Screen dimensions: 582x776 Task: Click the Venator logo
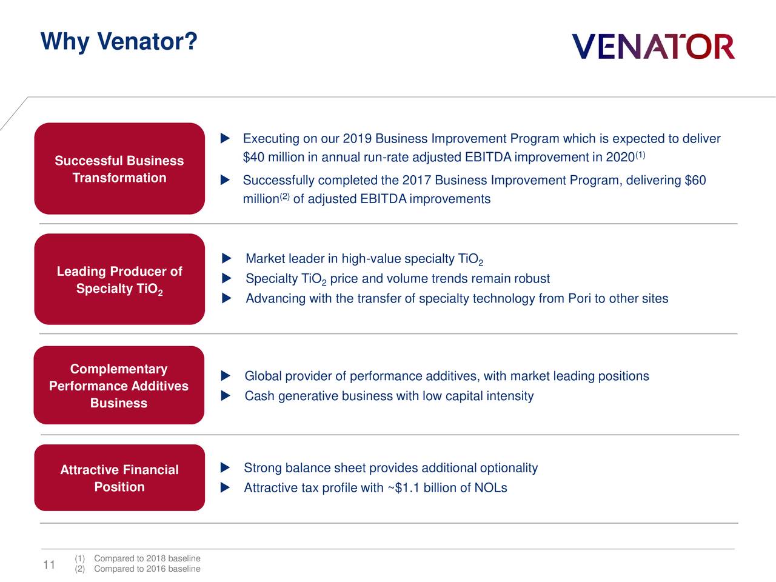[653, 47]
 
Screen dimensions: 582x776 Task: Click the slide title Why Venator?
[119, 42]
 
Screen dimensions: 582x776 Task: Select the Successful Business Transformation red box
[119, 169]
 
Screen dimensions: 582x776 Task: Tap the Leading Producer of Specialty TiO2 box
[119, 279]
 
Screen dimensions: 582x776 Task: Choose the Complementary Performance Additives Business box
[119, 386]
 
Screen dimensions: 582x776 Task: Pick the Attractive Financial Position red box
[119, 478]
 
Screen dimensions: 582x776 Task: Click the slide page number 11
[49, 565]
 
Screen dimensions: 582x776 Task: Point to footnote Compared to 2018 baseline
[147, 558]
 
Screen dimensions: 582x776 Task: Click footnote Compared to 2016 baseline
[147, 569]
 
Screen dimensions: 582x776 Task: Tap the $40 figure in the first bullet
[253, 158]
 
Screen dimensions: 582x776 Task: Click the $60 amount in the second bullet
[695, 181]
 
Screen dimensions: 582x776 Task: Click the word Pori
[579, 298]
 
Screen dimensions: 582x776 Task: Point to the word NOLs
[490, 488]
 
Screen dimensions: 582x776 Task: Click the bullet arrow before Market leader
[226, 259]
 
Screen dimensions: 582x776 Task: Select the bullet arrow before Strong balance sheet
[225, 468]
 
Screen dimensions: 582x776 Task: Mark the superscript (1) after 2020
[640, 155]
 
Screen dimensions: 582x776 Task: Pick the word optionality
[509, 468]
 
